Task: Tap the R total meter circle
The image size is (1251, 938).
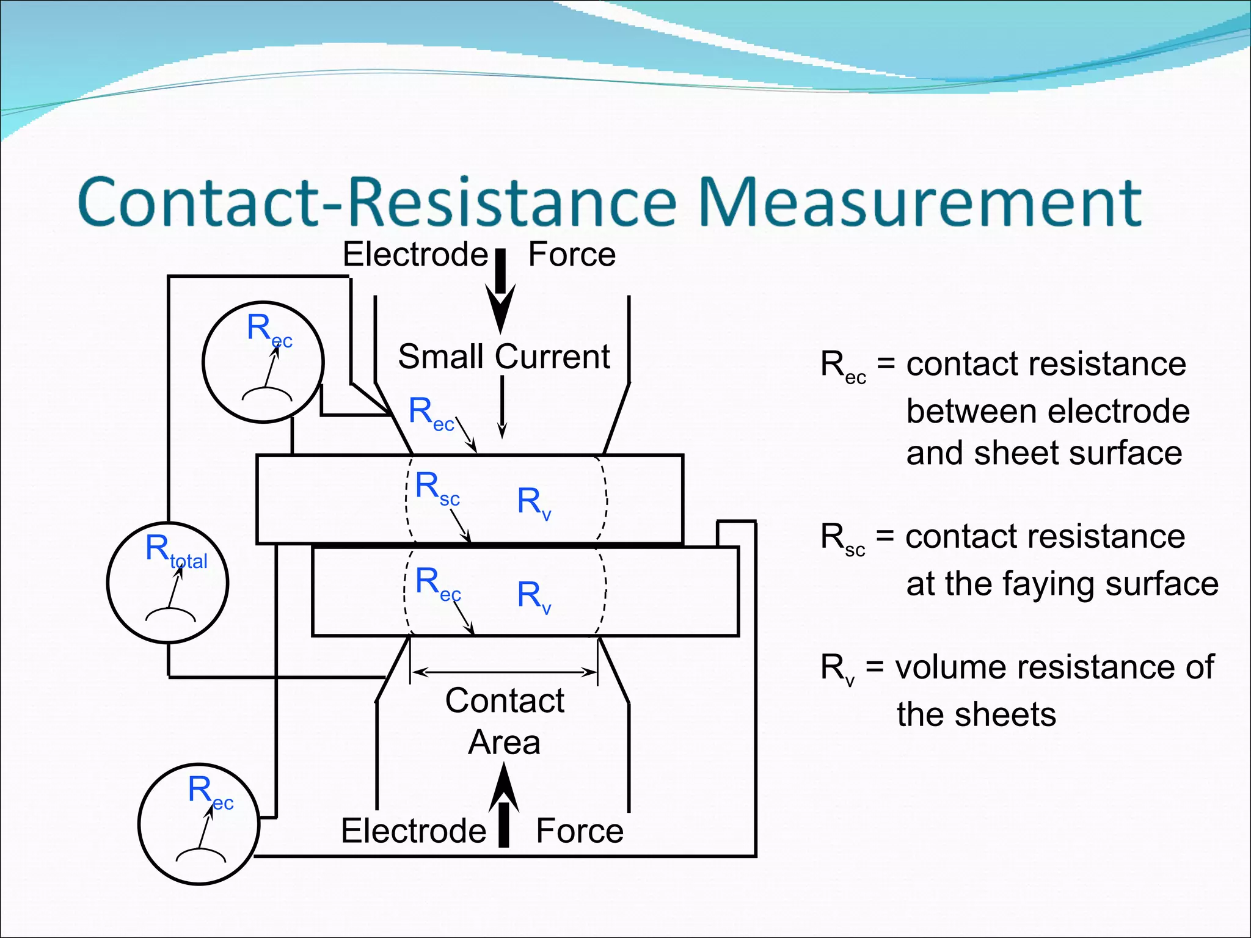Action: (x=168, y=583)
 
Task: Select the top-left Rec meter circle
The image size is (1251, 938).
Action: (x=263, y=362)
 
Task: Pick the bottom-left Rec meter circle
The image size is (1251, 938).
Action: (x=199, y=824)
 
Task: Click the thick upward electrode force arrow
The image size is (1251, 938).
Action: (x=504, y=806)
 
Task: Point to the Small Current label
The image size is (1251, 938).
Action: (x=504, y=357)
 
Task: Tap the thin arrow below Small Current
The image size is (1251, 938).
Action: (x=502, y=406)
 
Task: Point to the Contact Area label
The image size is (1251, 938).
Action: (x=505, y=721)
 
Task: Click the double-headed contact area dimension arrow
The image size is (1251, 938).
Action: (x=504, y=672)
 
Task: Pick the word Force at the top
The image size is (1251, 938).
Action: (x=572, y=255)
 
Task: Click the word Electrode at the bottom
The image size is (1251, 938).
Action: (x=414, y=831)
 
